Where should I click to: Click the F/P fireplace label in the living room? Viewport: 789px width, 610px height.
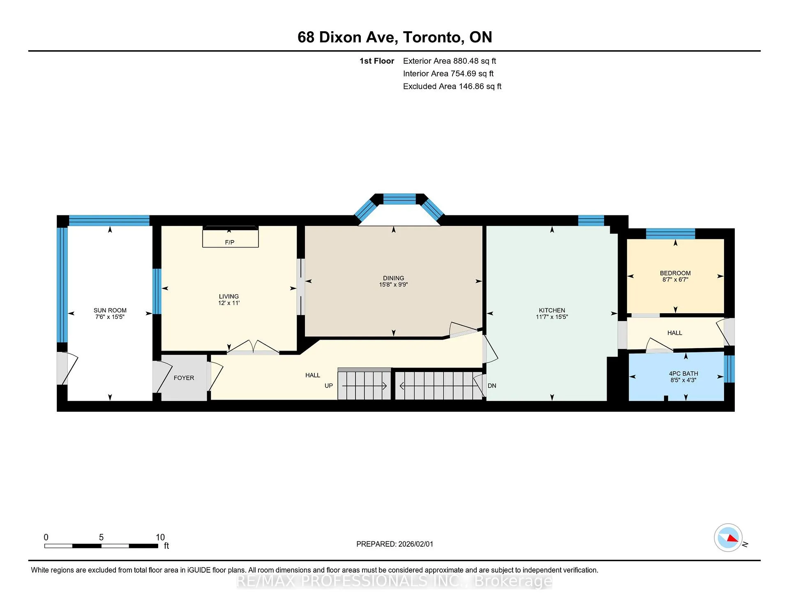pyautogui.click(x=230, y=243)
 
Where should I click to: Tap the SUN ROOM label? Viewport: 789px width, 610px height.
pyautogui.click(x=110, y=310)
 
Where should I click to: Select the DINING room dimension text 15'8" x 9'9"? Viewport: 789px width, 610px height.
pyautogui.click(x=393, y=284)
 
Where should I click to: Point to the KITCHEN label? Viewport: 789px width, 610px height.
pyautogui.click(x=552, y=310)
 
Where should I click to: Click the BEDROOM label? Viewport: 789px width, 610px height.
pyautogui.click(x=675, y=273)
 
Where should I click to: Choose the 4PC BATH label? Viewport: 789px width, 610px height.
pyautogui.click(x=683, y=374)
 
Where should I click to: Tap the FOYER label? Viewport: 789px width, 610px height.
pyautogui.click(x=184, y=378)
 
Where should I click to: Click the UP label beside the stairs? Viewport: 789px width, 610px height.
pyautogui.click(x=329, y=386)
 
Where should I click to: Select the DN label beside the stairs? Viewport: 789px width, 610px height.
pyautogui.click(x=492, y=386)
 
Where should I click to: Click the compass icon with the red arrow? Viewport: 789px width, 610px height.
pyautogui.click(x=728, y=537)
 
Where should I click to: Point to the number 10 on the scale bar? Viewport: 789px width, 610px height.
pyautogui.click(x=160, y=537)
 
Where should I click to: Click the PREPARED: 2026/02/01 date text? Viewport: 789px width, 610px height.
pyautogui.click(x=394, y=544)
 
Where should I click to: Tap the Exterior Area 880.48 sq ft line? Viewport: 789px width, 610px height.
pyautogui.click(x=450, y=61)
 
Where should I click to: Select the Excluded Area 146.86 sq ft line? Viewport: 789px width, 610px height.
pyautogui.click(x=452, y=86)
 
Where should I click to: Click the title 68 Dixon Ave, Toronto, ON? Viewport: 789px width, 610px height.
pyautogui.click(x=394, y=37)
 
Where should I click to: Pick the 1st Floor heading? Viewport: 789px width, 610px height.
pyautogui.click(x=377, y=61)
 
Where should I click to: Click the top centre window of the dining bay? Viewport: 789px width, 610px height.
pyautogui.click(x=399, y=199)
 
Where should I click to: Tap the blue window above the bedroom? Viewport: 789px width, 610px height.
pyautogui.click(x=670, y=233)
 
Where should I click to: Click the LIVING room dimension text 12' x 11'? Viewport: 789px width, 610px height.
pyautogui.click(x=229, y=303)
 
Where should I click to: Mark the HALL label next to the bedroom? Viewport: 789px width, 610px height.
pyautogui.click(x=675, y=333)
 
